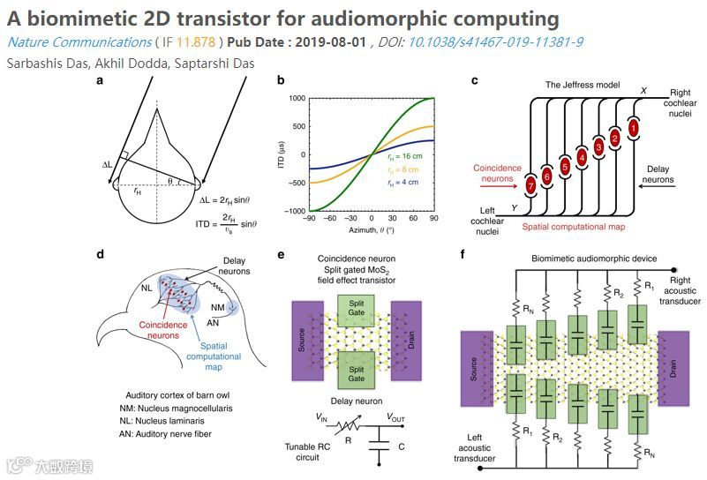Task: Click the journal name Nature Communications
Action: click(x=78, y=42)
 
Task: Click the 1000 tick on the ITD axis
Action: click(x=297, y=99)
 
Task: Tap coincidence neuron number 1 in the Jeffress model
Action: click(x=633, y=128)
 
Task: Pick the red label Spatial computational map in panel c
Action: click(x=574, y=227)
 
